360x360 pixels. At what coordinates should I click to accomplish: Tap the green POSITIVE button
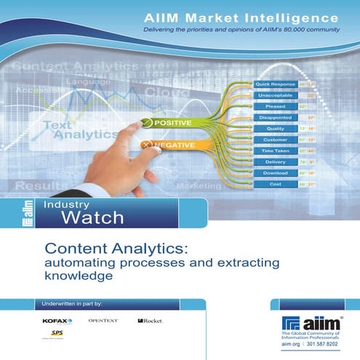coord(171,122)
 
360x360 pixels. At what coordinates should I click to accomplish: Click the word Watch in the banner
coord(92,217)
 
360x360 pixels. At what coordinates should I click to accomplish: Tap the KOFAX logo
coord(57,321)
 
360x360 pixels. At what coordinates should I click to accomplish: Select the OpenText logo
coord(103,320)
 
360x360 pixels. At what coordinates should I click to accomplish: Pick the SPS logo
coord(55,333)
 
